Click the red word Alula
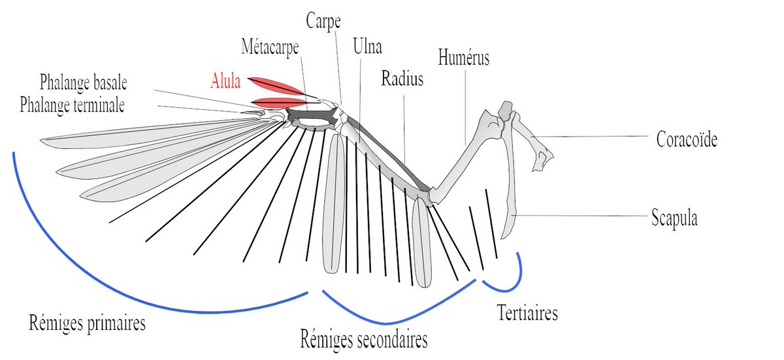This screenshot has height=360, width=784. [x=225, y=81]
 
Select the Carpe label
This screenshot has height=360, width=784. [x=323, y=20]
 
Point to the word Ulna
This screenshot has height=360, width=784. [x=367, y=47]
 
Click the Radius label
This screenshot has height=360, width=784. [x=402, y=80]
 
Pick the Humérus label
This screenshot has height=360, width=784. [x=464, y=59]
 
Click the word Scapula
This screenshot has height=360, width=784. [x=674, y=218]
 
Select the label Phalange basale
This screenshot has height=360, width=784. [x=83, y=84]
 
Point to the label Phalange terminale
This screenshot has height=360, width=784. [x=73, y=105]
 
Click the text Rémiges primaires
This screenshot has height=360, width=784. [x=87, y=323]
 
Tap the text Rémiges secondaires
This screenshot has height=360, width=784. [x=365, y=340]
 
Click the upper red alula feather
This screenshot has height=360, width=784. [x=278, y=86]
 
